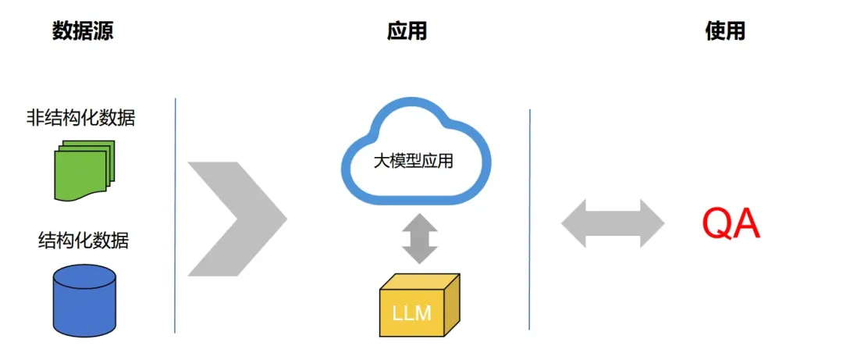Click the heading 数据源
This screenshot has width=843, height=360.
click(x=84, y=31)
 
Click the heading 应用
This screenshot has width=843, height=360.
click(x=407, y=31)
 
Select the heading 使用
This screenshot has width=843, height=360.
click(x=725, y=31)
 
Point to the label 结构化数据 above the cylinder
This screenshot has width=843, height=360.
click(x=84, y=240)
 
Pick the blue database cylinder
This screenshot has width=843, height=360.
click(x=84, y=301)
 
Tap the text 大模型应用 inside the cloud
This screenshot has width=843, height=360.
click(x=413, y=163)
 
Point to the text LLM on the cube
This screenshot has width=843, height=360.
click(x=411, y=313)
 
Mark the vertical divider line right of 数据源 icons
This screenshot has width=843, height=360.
click(x=175, y=215)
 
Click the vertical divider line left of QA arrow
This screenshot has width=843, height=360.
click(x=530, y=219)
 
